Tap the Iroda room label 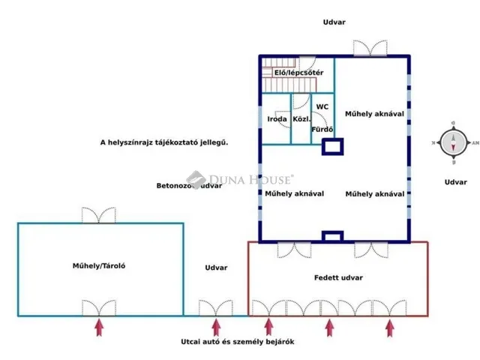click(x=277, y=119)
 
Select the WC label click(x=322, y=107)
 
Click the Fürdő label click(x=322, y=130)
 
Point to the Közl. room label click(x=301, y=119)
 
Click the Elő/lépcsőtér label click(x=298, y=72)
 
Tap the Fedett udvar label click(x=338, y=277)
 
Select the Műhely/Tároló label click(x=98, y=266)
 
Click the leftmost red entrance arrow click(x=98, y=328)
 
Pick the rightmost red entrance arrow click(x=389, y=328)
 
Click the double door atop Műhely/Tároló click(x=100, y=215)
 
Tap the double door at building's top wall click(x=370, y=48)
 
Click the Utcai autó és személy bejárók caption click(x=237, y=342)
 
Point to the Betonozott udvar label click(x=188, y=185)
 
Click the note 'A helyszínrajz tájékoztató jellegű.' click(x=163, y=142)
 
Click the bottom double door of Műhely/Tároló click(x=100, y=308)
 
